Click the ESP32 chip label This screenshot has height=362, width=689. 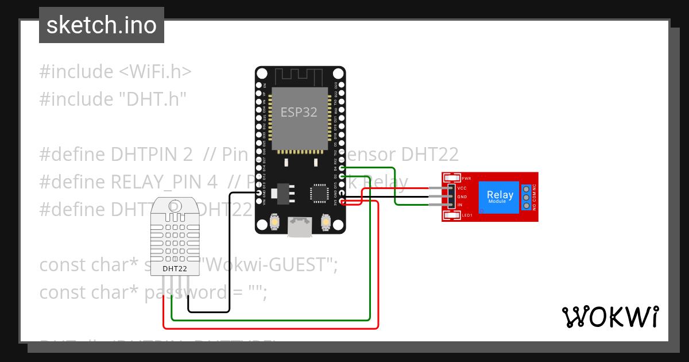299,112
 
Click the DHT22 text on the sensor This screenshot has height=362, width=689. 175,268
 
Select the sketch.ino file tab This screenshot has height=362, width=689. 102,25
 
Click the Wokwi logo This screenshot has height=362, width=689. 610,317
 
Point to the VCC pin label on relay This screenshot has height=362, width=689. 462,188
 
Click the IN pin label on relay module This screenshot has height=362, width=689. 460,205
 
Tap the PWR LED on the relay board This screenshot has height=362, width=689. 452,179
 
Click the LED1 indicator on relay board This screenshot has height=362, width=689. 452,215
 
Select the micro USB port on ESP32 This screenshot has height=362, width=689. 299,228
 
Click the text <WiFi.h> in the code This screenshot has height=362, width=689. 156,72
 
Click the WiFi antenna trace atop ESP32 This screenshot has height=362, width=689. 299,75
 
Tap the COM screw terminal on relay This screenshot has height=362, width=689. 525,197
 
